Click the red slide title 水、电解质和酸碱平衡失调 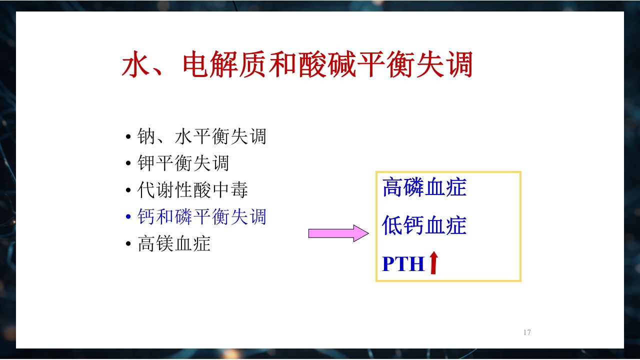coord(297,65)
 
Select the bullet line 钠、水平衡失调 coord(201,136)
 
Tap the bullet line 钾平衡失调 coord(183,163)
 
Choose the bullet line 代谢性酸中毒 coord(192,190)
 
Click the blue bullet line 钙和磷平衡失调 coord(201,217)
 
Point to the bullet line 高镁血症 coord(174,244)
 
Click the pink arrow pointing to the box coord(338,233)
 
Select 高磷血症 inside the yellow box coord(424,187)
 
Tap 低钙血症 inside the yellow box coord(424,225)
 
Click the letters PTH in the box coord(403,264)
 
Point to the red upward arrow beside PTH coord(433,263)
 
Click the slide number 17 coord(527,332)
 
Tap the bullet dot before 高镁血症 coord(128,245)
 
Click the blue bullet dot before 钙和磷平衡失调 coord(128,218)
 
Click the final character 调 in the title coord(458,65)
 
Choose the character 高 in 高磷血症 coord(392,187)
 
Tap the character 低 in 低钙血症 coord(392,225)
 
